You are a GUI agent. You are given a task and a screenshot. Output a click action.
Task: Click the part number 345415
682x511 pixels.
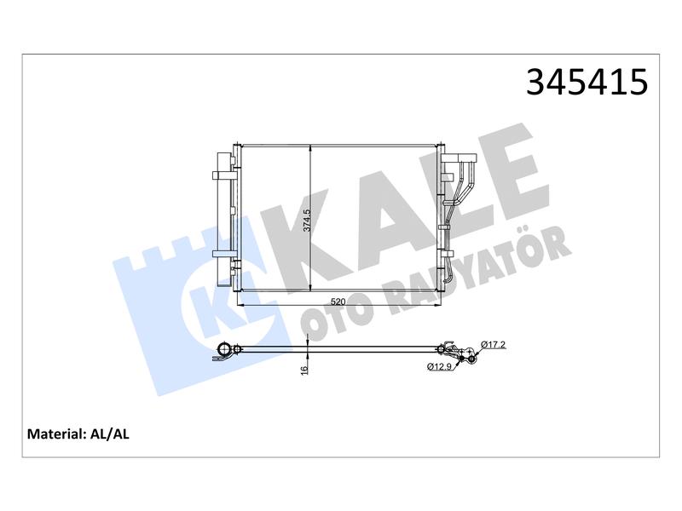(x=587, y=82)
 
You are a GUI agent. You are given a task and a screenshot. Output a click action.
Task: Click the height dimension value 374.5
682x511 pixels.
(x=307, y=221)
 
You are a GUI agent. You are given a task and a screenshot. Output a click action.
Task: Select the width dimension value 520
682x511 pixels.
(x=338, y=301)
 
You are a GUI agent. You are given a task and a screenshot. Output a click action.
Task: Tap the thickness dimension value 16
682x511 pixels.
(x=304, y=370)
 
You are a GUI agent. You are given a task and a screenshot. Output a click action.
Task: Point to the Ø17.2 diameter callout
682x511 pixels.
(x=494, y=345)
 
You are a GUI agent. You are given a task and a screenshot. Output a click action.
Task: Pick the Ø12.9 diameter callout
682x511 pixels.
(x=440, y=367)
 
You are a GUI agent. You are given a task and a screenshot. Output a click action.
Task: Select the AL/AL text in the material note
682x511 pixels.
(x=109, y=434)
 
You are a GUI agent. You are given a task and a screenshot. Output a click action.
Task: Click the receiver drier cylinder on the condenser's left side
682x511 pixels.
(x=223, y=220)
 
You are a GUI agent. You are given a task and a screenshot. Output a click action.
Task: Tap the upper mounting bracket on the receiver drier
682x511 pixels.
(x=223, y=175)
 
